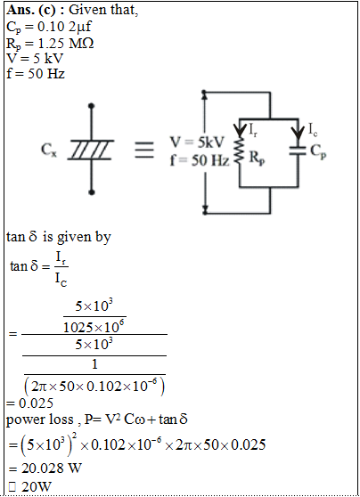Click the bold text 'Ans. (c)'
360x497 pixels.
coord(31,10)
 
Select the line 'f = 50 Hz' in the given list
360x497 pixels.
coord(36,74)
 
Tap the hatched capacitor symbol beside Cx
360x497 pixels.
coord(91,150)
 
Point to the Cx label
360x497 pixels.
coord(49,150)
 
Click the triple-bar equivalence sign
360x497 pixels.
coord(144,150)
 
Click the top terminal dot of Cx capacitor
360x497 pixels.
coord(92,106)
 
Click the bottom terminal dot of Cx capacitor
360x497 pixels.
coord(92,192)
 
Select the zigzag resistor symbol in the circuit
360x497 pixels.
coord(240,151)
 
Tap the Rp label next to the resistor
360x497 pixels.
coord(257,158)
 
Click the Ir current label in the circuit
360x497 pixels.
coord(253,129)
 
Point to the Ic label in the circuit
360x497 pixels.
coord(313,129)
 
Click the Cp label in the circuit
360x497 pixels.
coord(318,151)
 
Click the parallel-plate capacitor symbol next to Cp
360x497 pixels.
coord(298,151)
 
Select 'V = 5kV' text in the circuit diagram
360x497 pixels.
coord(197,143)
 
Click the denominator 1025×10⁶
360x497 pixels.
coord(94,327)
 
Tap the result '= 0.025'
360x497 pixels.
coord(29,403)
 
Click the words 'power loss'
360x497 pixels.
coord(39,420)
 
